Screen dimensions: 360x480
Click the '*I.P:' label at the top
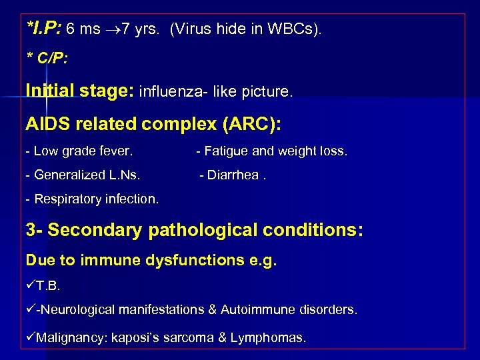click(x=44, y=29)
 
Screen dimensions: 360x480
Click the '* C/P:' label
click(x=46, y=59)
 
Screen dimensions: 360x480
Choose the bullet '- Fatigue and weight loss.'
click(x=271, y=151)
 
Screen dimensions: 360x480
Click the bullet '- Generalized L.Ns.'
click(x=83, y=175)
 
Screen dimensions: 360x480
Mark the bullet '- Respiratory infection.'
click(x=92, y=199)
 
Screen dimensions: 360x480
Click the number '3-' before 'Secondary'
click(x=35, y=231)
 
